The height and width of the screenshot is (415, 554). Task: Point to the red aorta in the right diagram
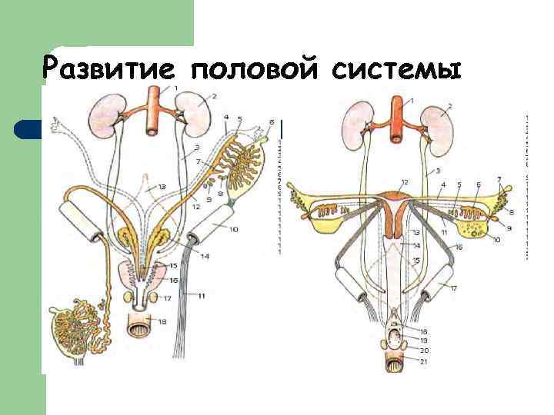coord(396,120)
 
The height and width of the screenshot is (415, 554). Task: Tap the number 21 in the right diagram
coord(425,361)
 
